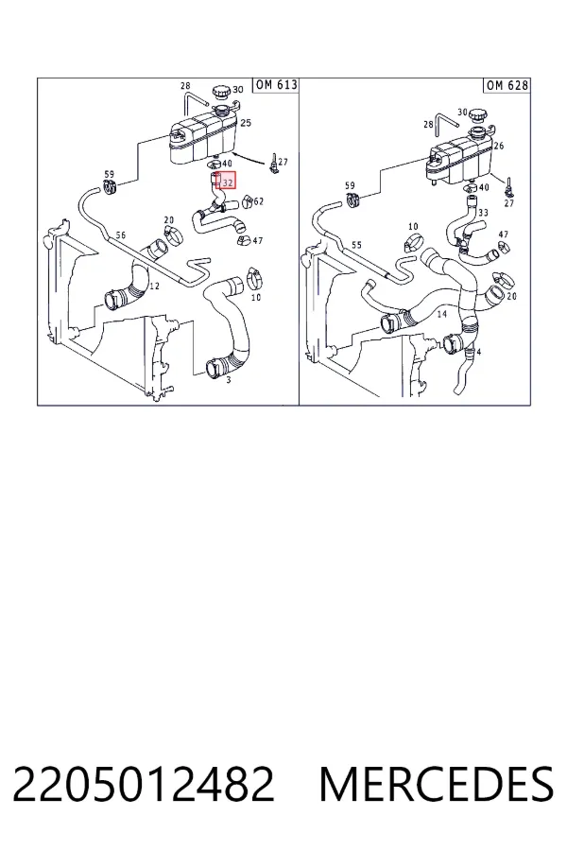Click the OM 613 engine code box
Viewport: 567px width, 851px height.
[276, 85]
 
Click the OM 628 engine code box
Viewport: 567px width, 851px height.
[507, 85]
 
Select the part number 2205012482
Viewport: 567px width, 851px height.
[143, 784]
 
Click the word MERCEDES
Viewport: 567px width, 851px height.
[437, 784]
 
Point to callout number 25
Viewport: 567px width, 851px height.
[246, 123]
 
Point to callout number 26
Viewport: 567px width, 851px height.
[499, 146]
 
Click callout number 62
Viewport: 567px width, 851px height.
[258, 201]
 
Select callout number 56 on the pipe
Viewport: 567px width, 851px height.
[120, 235]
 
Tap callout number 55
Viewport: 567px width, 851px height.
[356, 245]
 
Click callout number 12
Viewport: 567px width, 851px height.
[154, 286]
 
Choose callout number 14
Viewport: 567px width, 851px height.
[441, 314]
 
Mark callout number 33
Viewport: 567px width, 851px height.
[483, 213]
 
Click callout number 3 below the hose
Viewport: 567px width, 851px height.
[229, 380]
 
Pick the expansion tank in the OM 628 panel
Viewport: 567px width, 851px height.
[460, 159]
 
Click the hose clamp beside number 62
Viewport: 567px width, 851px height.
[247, 202]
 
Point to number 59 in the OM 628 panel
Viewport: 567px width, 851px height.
[350, 186]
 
